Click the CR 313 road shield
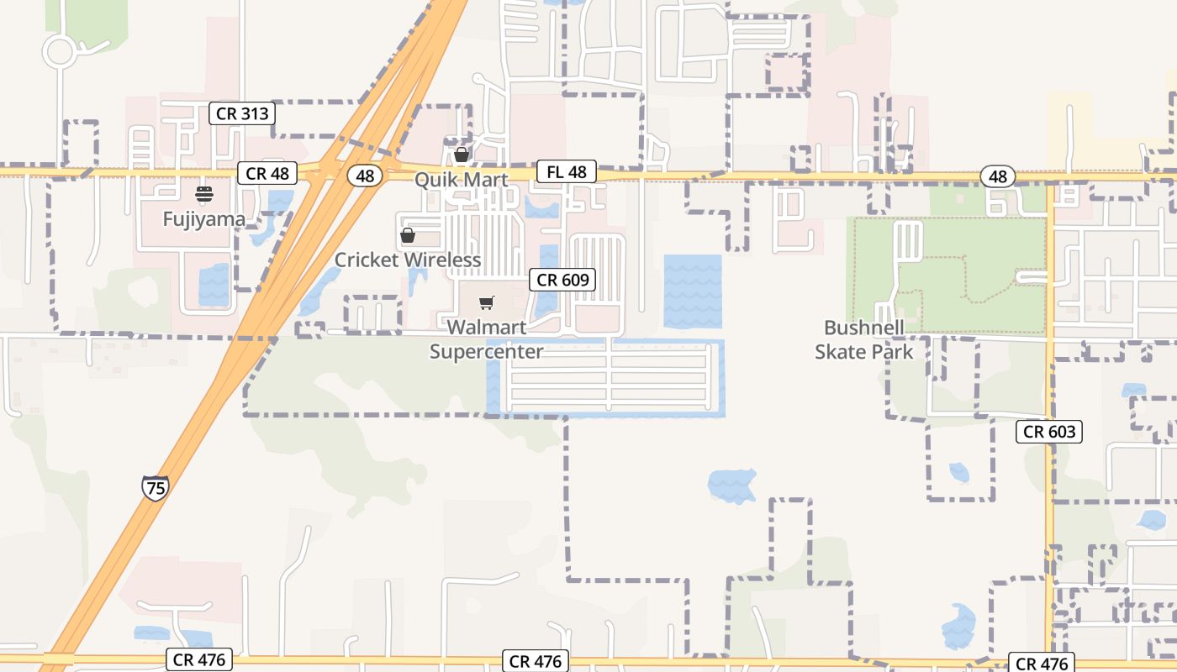tap(242, 113)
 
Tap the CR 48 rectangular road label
tap(267, 174)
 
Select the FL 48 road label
tap(566, 172)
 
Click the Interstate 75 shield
tap(155, 488)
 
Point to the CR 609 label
tap(562, 280)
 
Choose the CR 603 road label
tap(1048, 432)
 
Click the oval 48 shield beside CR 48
tap(364, 176)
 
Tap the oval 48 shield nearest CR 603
tap(997, 176)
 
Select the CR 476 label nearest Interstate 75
tap(198, 659)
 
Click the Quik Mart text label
tap(461, 180)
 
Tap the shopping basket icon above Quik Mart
tap(461, 155)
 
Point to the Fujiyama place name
tap(204, 220)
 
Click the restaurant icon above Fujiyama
tap(204, 194)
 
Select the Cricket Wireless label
tap(408, 260)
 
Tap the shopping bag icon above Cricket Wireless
tap(408, 235)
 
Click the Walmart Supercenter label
tap(486, 339)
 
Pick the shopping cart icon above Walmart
tap(486, 302)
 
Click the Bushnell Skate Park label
tap(863, 339)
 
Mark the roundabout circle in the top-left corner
tap(59, 52)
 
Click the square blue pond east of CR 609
tap(693, 291)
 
